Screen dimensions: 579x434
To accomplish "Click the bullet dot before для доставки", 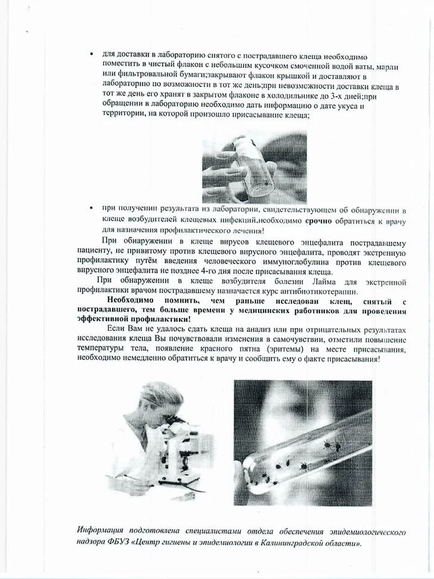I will (90, 55).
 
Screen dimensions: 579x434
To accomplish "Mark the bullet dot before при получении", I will (90, 208).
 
